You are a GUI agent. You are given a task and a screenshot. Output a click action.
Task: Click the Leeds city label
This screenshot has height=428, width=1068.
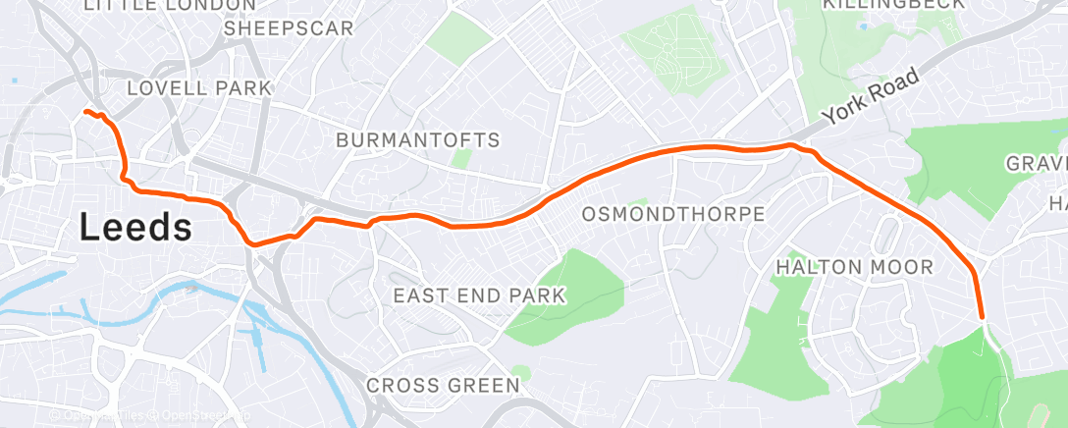click(135, 228)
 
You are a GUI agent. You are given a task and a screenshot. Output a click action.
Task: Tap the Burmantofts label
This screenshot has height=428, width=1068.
click(417, 140)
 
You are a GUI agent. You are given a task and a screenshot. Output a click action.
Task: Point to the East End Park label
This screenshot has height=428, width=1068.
click(479, 294)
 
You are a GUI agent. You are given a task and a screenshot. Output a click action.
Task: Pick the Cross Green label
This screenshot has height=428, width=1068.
click(443, 386)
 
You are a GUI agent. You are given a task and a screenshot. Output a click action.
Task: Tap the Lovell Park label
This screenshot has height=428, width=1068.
click(199, 87)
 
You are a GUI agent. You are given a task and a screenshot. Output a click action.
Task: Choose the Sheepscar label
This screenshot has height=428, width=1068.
click(288, 27)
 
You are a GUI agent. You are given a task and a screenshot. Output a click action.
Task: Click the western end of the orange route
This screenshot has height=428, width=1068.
click(86, 113)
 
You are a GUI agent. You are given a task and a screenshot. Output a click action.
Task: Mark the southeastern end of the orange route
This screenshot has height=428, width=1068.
click(982, 316)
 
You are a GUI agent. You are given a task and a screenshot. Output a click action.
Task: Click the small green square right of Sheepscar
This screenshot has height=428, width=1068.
click(459, 37)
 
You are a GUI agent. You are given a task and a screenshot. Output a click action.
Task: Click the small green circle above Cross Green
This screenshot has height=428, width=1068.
click(520, 372)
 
